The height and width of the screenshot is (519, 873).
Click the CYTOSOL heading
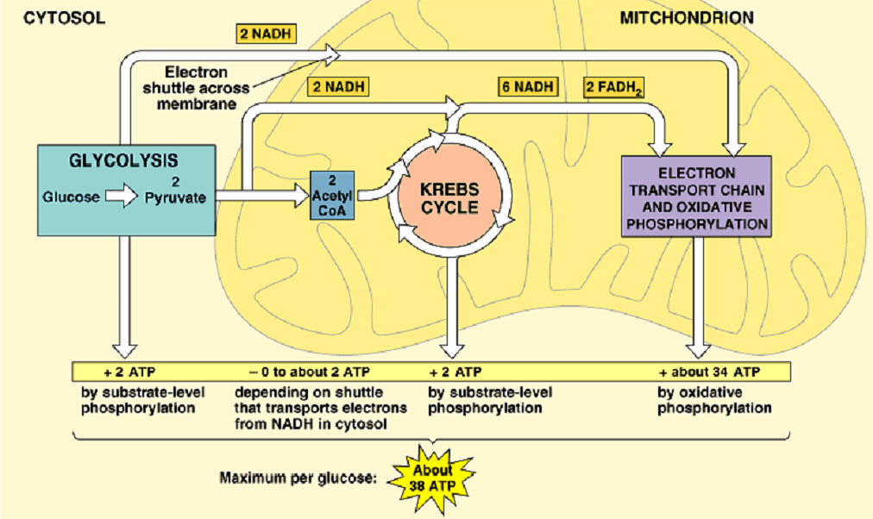pos(64,18)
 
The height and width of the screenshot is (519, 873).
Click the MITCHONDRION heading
pos(687,18)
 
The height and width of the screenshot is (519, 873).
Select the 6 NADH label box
pos(528,87)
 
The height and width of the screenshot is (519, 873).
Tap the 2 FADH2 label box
pos(614,87)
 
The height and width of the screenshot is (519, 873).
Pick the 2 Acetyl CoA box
pos(332,195)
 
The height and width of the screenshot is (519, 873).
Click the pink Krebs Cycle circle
pos(449,198)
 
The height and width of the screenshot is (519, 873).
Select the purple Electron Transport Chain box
pos(696,197)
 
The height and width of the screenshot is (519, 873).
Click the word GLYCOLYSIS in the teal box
pos(123,160)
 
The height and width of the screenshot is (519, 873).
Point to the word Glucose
pos(72,197)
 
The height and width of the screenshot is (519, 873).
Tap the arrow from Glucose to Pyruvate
pos(122,197)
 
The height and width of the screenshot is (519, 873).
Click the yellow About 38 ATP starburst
pos(432,478)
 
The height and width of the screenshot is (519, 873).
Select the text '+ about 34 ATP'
pos(709,372)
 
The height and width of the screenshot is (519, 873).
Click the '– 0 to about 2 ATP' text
pos(310,372)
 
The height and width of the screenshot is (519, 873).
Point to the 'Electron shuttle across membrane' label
pos(196,88)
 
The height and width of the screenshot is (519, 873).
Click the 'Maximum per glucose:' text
pos(298,478)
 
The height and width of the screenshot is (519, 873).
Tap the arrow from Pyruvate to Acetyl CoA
pos(262,195)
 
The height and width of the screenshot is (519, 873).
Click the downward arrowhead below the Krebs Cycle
pos(451,350)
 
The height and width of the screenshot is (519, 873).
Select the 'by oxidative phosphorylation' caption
pos(714,400)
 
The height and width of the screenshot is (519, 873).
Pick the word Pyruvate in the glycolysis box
pos(175,197)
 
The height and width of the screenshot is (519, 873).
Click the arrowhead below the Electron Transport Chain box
pos(698,350)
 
